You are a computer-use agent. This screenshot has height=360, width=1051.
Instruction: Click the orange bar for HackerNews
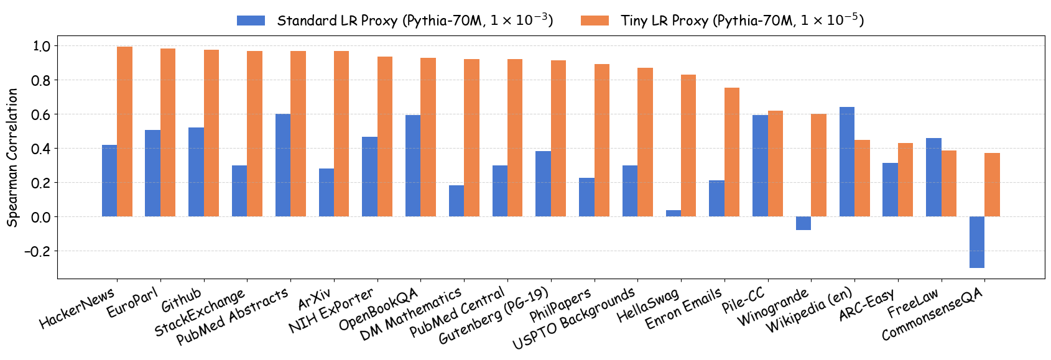click(125, 132)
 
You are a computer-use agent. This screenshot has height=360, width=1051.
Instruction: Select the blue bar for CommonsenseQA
click(977, 242)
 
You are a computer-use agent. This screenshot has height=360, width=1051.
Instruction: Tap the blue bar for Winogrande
click(803, 223)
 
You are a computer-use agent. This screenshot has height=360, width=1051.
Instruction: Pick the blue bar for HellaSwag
click(674, 213)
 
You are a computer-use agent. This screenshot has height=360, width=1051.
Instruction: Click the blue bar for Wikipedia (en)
click(847, 162)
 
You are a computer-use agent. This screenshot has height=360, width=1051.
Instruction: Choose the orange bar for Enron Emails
click(732, 152)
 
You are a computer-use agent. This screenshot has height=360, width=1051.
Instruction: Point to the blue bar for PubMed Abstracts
click(283, 165)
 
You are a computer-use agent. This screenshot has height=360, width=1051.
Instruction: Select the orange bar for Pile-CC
click(776, 164)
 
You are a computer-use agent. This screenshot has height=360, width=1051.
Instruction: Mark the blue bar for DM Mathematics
click(456, 201)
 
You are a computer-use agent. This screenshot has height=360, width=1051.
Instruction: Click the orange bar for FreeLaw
click(949, 183)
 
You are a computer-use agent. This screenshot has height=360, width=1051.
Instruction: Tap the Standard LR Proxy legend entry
click(395, 21)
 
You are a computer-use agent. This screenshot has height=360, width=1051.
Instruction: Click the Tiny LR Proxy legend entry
click(721, 21)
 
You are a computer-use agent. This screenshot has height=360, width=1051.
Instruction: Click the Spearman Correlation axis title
click(12, 157)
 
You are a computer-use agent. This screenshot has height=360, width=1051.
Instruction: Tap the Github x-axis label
click(182, 300)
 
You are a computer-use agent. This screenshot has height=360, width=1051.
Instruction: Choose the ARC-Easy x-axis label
click(866, 304)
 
